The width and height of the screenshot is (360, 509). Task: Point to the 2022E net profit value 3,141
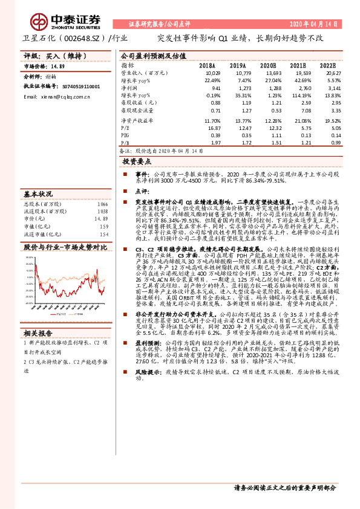click(x=333, y=88)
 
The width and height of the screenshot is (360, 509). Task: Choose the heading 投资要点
click(x=137, y=163)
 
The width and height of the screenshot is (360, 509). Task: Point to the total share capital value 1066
click(x=102, y=204)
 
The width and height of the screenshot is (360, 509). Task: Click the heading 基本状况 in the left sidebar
click(x=38, y=194)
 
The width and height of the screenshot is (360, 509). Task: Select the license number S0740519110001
click(x=78, y=86)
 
